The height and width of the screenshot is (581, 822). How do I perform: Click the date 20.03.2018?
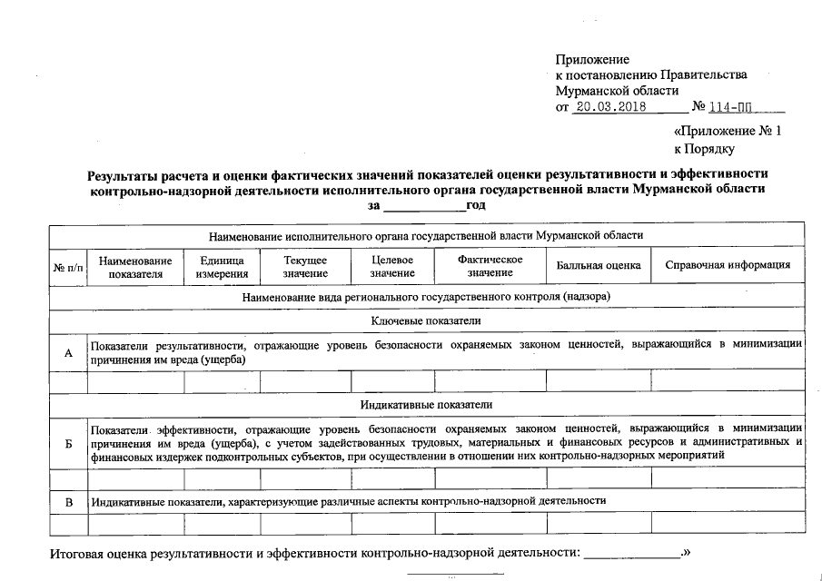[x=610, y=107]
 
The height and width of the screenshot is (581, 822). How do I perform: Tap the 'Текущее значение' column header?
[x=305, y=266]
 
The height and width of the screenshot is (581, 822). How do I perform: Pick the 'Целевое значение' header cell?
[x=392, y=266]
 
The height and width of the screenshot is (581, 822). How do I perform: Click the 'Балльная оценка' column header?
[x=599, y=266]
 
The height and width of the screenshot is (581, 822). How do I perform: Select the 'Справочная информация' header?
[x=728, y=266]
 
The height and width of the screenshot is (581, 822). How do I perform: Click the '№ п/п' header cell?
[x=68, y=266]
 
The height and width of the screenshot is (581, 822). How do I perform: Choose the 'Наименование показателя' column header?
[x=135, y=266]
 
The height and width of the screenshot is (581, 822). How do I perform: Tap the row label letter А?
[x=68, y=352]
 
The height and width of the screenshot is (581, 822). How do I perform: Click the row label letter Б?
[x=68, y=443]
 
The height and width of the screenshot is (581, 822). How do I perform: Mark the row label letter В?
[x=68, y=501]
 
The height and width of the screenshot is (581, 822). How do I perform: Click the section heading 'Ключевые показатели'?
[x=426, y=321]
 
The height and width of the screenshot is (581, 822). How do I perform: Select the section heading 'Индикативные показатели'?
[x=426, y=405]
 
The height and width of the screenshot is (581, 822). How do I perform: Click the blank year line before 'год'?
[x=423, y=207]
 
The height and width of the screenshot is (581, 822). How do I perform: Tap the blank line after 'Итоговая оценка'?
[x=631, y=553]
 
